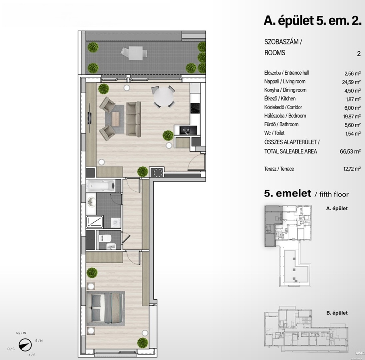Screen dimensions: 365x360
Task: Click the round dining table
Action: pyautogui.click(x=164, y=97)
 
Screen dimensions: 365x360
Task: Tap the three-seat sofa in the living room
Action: pyautogui.click(x=134, y=119)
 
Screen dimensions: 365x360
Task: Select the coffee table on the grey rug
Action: pyautogui.click(x=116, y=119)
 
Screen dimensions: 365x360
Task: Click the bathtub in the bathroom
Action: pyautogui.click(x=101, y=186)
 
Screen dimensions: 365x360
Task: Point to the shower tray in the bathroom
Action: pyautogui.click(x=95, y=222)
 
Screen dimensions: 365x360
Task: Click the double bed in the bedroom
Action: pyautogui.click(x=105, y=308)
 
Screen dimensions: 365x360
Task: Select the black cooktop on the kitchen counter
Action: pyautogui.click(x=195, y=108)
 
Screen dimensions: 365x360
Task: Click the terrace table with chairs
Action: pyautogui.click(x=134, y=53)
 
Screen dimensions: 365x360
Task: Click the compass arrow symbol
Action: pyautogui.click(x=25, y=345)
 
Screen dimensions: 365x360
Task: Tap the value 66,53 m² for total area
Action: pyautogui.click(x=350, y=152)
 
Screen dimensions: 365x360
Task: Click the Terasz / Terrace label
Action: pyautogui.click(x=279, y=169)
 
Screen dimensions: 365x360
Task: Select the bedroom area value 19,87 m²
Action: pyautogui.click(x=352, y=116)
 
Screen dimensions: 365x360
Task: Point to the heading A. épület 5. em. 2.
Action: pyautogui.click(x=313, y=21)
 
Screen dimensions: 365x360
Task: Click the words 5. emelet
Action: pyautogui.click(x=287, y=193)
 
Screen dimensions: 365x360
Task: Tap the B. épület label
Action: pyautogui.click(x=337, y=313)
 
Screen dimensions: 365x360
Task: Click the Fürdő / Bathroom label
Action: pyautogui.click(x=281, y=124)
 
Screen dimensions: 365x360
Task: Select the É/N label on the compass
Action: pyautogui.click(x=39, y=341)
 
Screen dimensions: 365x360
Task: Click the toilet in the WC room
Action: pyautogui.click(x=105, y=238)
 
